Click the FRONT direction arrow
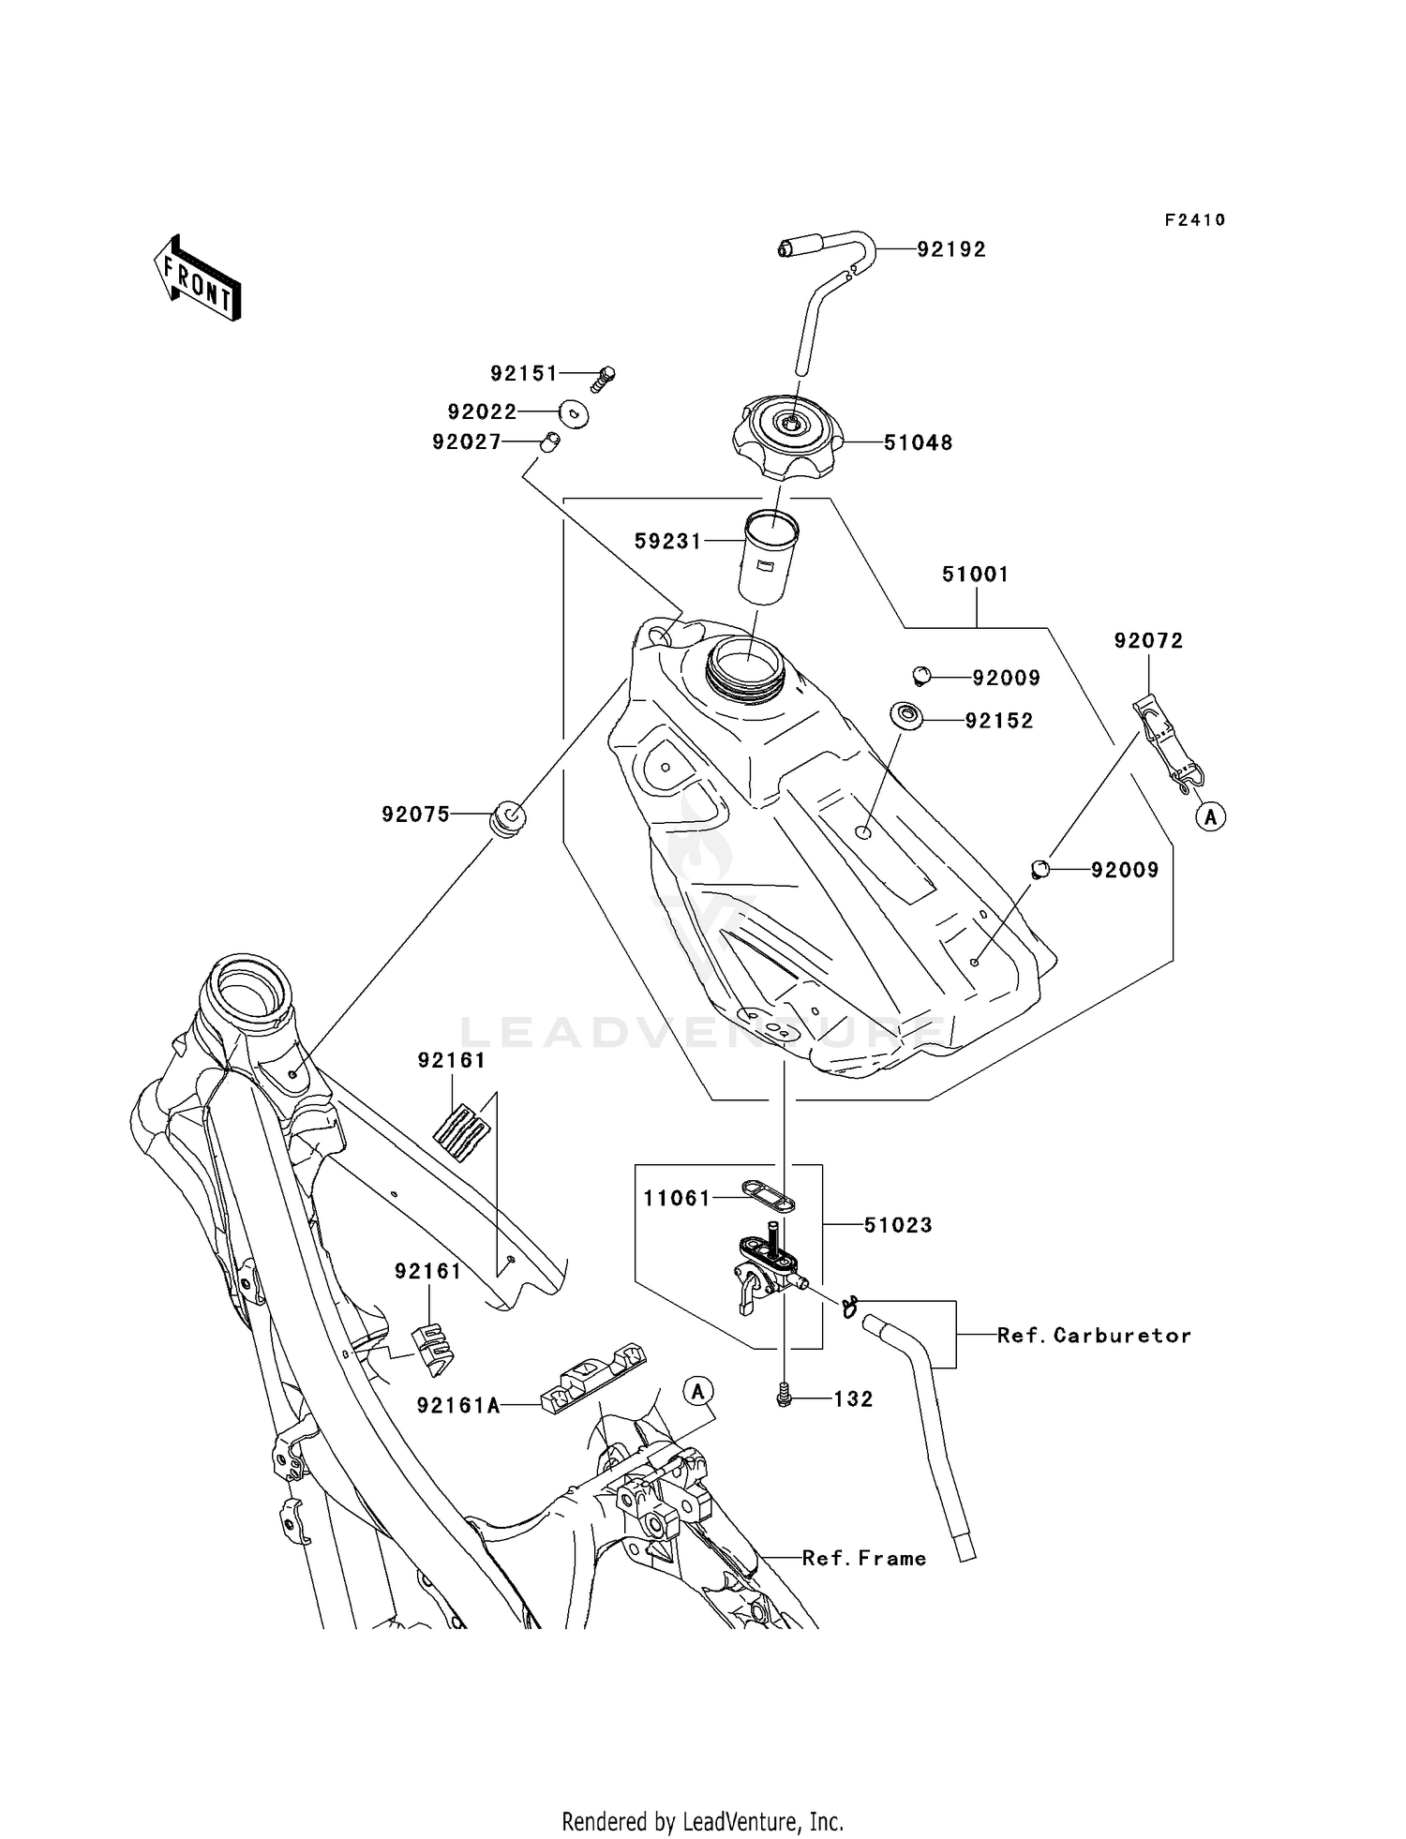point(197,279)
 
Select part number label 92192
point(951,249)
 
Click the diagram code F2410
point(1195,220)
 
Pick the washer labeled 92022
point(573,412)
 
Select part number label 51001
point(975,575)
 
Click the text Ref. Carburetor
point(1093,1336)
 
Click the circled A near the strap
point(1211,816)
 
